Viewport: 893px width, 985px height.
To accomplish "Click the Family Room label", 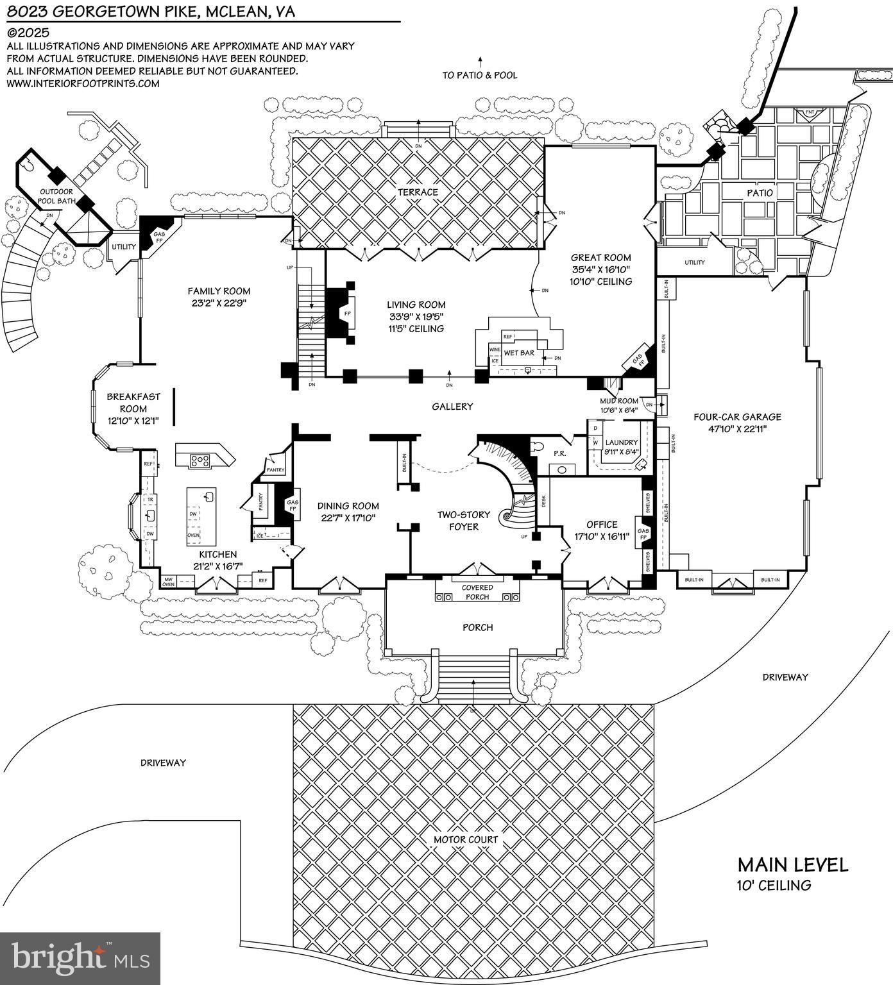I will tap(219, 291).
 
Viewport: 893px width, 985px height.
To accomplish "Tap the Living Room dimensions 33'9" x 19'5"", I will tap(416, 317).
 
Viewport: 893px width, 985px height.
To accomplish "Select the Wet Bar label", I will tap(519, 353).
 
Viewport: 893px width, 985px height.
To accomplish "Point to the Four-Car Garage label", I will tap(737, 417).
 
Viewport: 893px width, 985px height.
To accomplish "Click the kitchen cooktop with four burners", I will tap(199, 459).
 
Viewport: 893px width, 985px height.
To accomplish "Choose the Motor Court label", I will tap(466, 839).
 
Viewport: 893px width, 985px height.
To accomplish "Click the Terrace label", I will tap(417, 192).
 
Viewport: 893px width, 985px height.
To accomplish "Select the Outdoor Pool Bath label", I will tap(56, 196).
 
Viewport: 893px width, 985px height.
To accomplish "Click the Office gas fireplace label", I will tap(643, 535).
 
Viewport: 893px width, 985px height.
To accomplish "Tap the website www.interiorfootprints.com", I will tap(83, 83).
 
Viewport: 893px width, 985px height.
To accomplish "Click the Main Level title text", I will tap(792, 865).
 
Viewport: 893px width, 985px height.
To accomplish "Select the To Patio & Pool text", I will tap(479, 75).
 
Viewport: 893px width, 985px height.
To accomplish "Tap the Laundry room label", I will tap(621, 442).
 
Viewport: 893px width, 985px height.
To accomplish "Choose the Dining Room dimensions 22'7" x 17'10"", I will tap(348, 518).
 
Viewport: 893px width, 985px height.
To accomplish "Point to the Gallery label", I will tap(452, 407).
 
